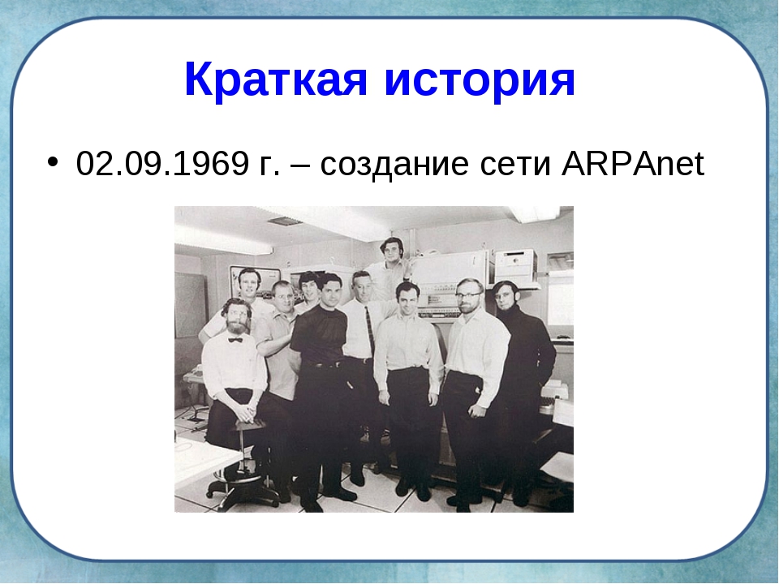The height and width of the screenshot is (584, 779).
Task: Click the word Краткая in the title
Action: coord(276,79)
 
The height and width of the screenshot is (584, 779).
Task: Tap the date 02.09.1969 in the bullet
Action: coord(162,163)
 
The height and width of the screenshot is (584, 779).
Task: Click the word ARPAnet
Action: coord(633,163)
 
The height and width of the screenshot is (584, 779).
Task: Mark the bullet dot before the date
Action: coord(53,162)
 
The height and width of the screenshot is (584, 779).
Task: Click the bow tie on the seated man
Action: coord(235,340)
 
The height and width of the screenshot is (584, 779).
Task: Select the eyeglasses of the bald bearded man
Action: coord(468,295)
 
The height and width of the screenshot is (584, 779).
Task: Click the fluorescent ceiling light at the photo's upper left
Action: coord(224,242)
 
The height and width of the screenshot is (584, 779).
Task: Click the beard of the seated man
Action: coord(238,326)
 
